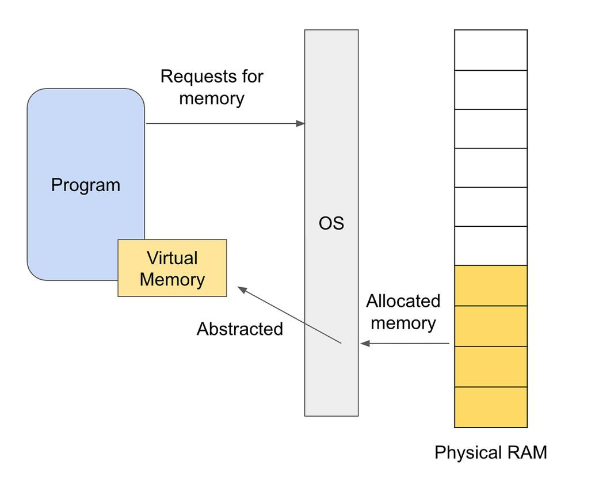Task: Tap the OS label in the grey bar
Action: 331,223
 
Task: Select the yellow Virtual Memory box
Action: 172,268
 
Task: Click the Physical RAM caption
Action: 491,453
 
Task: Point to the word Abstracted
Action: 240,329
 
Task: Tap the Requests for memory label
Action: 212,87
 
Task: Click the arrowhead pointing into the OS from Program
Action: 300,124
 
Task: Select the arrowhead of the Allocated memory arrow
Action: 365,344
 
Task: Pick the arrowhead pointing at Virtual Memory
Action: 242,290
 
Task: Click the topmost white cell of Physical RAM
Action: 491,50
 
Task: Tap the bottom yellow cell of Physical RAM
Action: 491,407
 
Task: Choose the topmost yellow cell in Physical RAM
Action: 491,285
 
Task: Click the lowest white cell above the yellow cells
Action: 491,246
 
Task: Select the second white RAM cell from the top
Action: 491,90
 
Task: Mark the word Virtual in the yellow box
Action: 172,258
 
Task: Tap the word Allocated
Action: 403,301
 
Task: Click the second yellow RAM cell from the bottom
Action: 491,367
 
